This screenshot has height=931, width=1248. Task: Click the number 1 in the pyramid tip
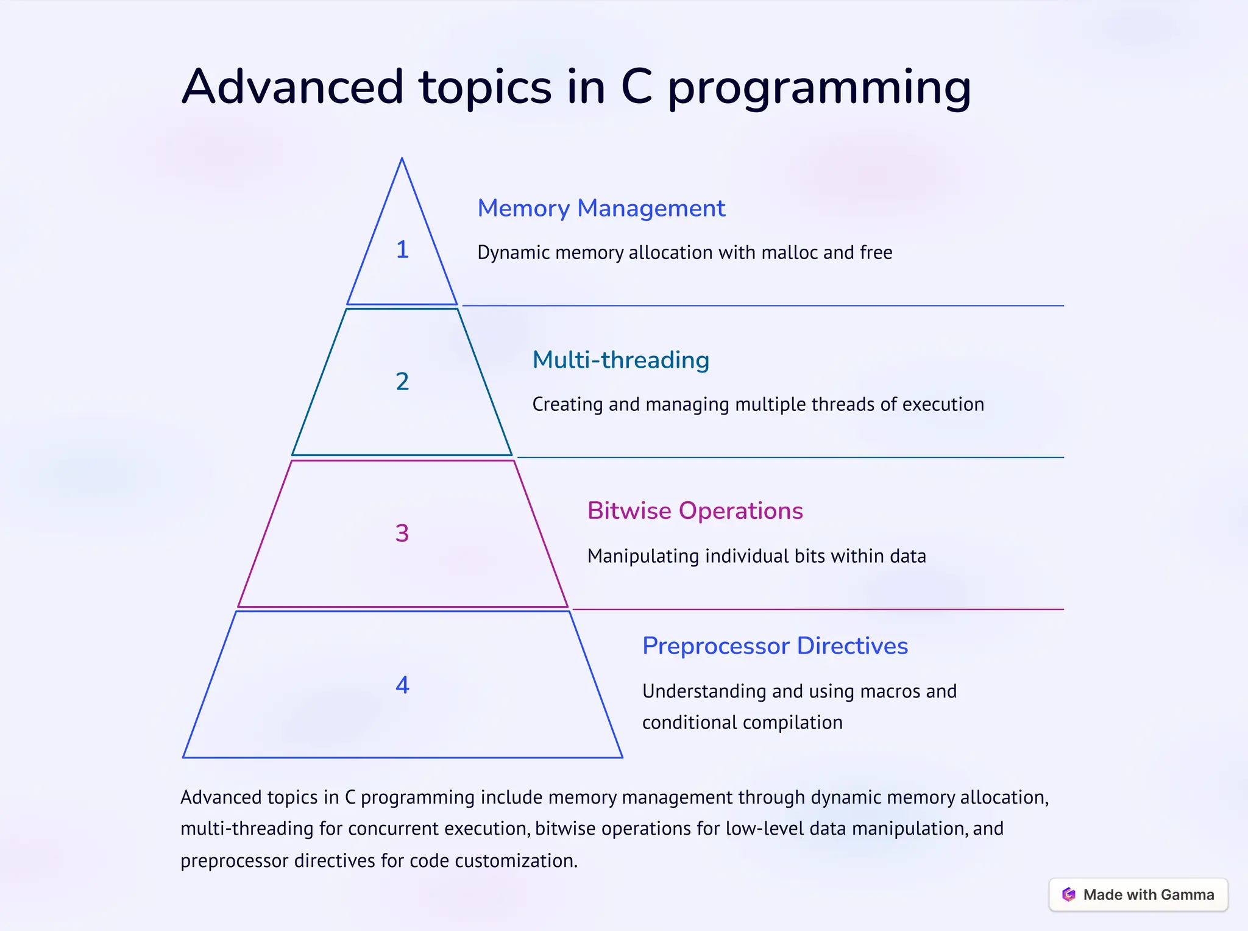[x=402, y=249]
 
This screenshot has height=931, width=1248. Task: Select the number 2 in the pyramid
[x=402, y=382]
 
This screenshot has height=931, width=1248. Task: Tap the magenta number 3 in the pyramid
[x=402, y=533]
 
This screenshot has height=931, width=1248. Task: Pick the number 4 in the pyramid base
[x=402, y=685]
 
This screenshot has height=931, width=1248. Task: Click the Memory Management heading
[x=601, y=209]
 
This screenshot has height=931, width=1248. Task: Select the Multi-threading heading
[x=620, y=360]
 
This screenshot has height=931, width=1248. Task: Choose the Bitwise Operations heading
[x=695, y=511]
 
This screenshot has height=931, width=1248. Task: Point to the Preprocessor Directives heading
[x=775, y=646]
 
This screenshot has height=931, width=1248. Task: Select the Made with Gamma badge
[x=1138, y=894]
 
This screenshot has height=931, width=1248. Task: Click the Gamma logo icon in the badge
[x=1069, y=894]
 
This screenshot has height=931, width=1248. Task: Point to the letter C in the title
[x=636, y=87]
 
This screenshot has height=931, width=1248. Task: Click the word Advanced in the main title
[x=292, y=87]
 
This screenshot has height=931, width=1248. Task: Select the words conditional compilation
[x=742, y=722]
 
